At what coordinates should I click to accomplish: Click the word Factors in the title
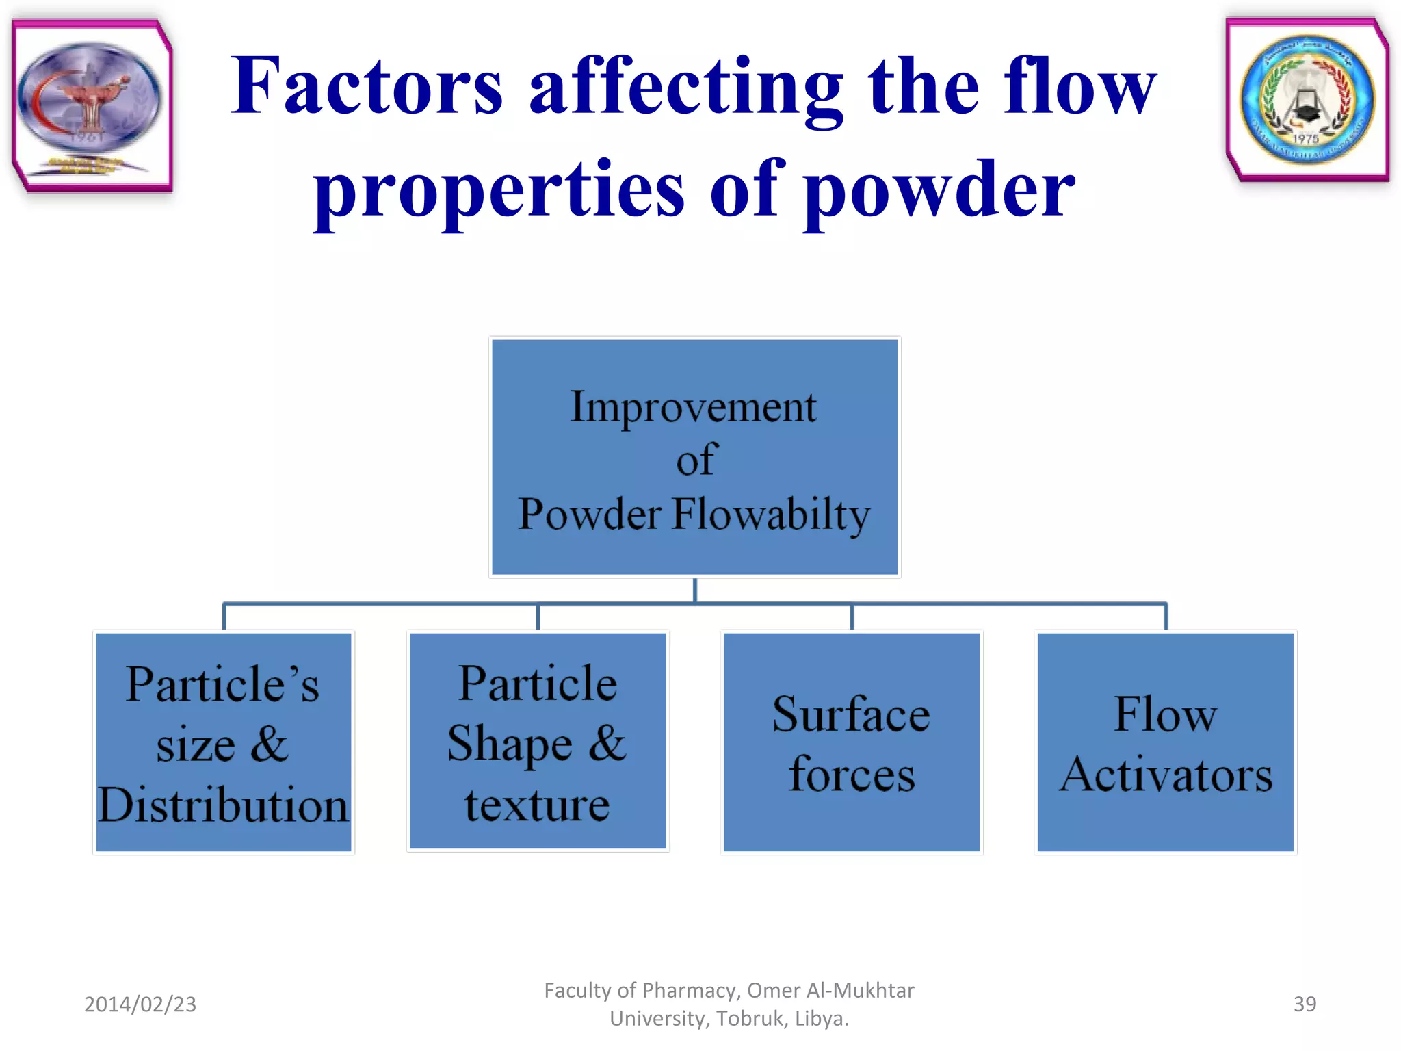click(367, 87)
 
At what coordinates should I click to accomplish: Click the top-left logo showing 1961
click(91, 104)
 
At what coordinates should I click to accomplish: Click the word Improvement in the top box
click(693, 408)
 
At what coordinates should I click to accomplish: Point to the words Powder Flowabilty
click(693, 515)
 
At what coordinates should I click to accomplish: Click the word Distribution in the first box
click(223, 805)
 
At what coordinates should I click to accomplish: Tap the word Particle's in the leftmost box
click(223, 684)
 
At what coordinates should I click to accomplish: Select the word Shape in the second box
click(510, 744)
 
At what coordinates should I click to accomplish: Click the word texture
click(537, 805)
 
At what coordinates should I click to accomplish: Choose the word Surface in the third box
click(851, 715)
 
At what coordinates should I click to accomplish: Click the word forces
click(851, 775)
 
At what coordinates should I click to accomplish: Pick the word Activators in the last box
click(1166, 775)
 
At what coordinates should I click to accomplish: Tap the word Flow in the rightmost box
click(1166, 715)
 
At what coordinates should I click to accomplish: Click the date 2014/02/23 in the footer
click(140, 1004)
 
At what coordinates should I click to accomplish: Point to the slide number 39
click(1305, 1004)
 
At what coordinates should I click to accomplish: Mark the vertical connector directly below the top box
click(695, 591)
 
